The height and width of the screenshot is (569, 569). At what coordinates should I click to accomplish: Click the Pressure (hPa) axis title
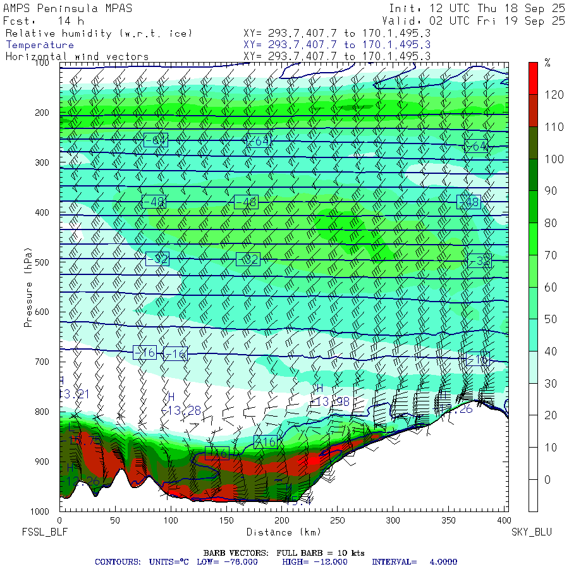click(28, 288)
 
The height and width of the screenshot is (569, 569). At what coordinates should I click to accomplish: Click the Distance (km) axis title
click(274, 532)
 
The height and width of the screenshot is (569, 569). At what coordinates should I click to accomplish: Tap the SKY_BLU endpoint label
click(531, 532)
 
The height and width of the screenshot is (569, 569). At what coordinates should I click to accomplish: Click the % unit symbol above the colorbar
click(548, 63)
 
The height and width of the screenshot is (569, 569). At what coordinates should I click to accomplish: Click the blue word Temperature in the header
click(40, 45)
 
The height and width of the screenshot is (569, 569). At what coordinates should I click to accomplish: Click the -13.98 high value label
click(333, 401)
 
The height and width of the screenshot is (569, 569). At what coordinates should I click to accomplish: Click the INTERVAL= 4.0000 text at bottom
click(414, 561)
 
